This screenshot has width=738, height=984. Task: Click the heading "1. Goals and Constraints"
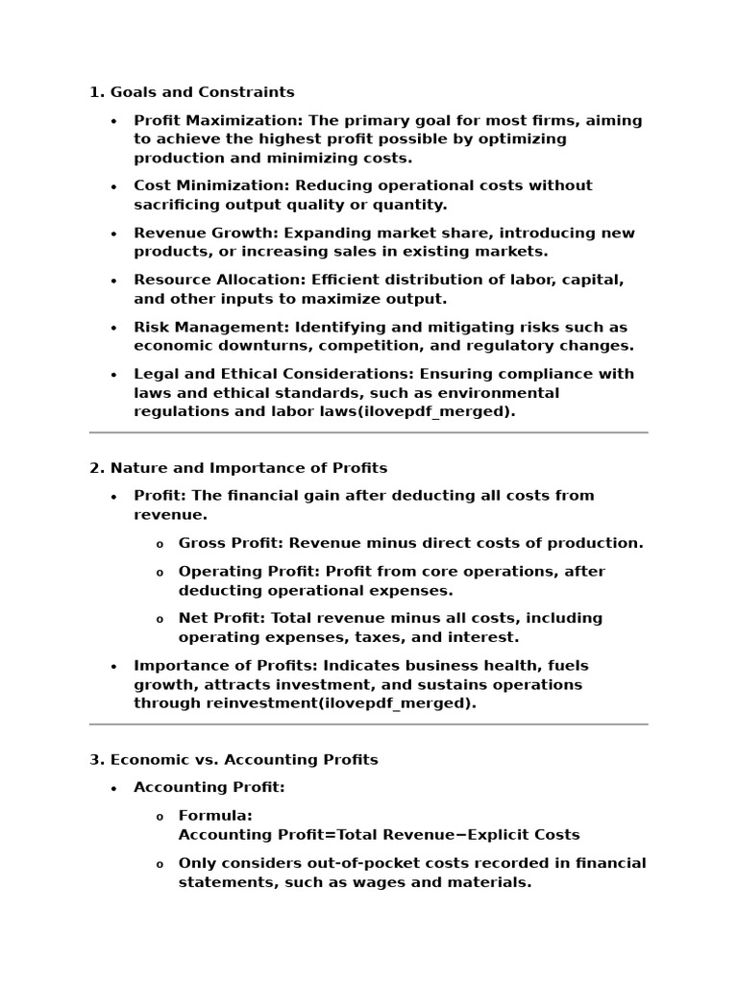191,92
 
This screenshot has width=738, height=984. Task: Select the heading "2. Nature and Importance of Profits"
238,468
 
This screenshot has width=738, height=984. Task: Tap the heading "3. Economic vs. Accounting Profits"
234,759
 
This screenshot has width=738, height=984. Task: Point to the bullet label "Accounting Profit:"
209,787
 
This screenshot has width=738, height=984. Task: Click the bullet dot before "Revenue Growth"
114,234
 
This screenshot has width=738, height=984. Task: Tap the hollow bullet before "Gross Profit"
160,544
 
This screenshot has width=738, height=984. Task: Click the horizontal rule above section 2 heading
368,432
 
